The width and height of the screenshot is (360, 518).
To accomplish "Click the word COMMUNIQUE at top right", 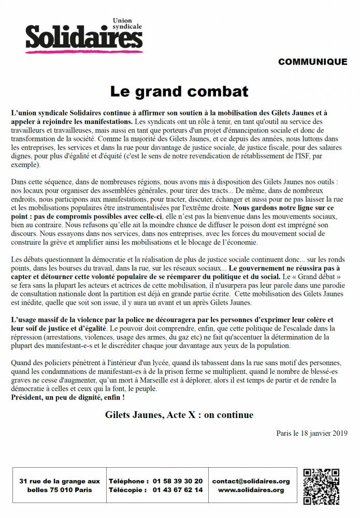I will (x=312, y=62).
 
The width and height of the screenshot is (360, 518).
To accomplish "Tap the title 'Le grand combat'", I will (x=179, y=91).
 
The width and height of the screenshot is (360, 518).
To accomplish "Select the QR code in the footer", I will (x=321, y=486).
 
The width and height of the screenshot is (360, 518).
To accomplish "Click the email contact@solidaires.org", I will (x=251, y=481).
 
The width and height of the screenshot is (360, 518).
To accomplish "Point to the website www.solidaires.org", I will (x=251, y=490).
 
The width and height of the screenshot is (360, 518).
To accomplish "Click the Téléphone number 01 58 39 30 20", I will (x=178, y=481).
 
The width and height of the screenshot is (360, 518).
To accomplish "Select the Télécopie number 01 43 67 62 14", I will (x=178, y=490).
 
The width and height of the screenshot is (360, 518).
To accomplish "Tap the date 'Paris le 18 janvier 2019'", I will (x=312, y=433).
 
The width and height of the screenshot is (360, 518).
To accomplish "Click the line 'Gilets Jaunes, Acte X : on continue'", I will (x=179, y=415).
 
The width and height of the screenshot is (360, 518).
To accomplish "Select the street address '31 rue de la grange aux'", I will (x=60, y=481).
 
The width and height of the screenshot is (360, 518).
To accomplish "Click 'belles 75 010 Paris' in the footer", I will (x=60, y=490).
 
